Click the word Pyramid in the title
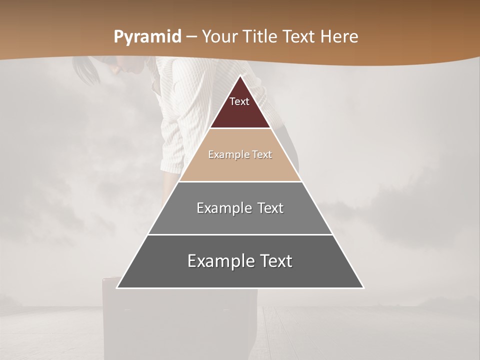tap(147, 37)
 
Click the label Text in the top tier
tap(239, 101)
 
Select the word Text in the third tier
tap(270, 208)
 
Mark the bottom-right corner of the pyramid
tap(363, 287)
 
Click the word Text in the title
tap(299, 37)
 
